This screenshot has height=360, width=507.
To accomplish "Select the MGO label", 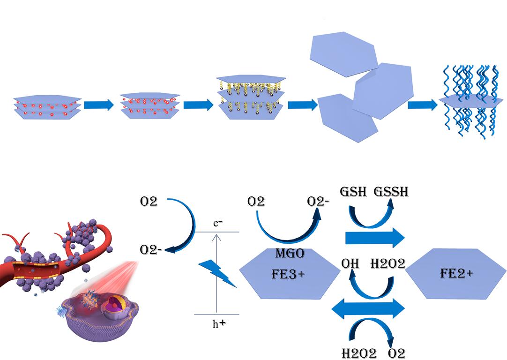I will pyautogui.click(x=290, y=254).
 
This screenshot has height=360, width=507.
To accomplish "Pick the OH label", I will pyautogui.click(x=350, y=264).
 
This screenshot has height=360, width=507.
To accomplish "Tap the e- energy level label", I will pyautogui.click(x=217, y=224).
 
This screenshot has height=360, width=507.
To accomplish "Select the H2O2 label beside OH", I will pyautogui.click(x=388, y=264).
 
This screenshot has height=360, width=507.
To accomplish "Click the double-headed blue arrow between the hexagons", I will pyautogui.click(x=367, y=308).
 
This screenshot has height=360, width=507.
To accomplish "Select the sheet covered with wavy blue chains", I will pyautogui.click(x=471, y=102).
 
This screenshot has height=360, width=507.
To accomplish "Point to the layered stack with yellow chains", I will pyautogui.click(x=251, y=97).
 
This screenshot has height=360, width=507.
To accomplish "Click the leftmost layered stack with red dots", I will pyautogui.click(x=47, y=107).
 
